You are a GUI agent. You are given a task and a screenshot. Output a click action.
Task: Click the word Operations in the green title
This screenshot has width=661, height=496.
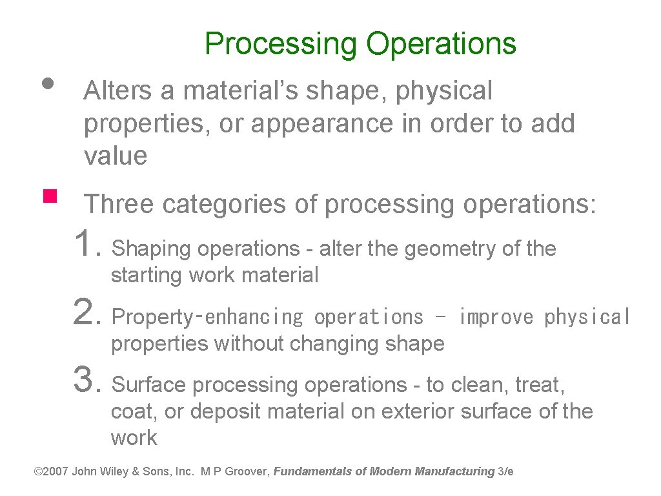tap(442, 44)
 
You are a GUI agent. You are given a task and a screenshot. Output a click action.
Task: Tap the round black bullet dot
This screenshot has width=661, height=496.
tap(46, 83)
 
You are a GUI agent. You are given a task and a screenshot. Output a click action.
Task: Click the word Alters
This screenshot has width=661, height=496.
tap(119, 91)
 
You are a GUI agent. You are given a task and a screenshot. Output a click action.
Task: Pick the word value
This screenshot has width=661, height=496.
tap(116, 156)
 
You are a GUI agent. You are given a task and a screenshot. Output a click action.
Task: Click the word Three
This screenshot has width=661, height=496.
tap(120, 204)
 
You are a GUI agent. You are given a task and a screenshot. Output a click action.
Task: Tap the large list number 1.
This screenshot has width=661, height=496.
tap(86, 244)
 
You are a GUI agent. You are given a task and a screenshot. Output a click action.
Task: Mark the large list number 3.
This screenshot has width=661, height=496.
tap(86, 380)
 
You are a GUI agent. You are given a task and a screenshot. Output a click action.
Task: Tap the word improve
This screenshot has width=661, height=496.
tap(496, 317)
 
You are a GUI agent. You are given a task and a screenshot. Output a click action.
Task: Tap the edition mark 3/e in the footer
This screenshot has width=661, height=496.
tap(506, 471)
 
